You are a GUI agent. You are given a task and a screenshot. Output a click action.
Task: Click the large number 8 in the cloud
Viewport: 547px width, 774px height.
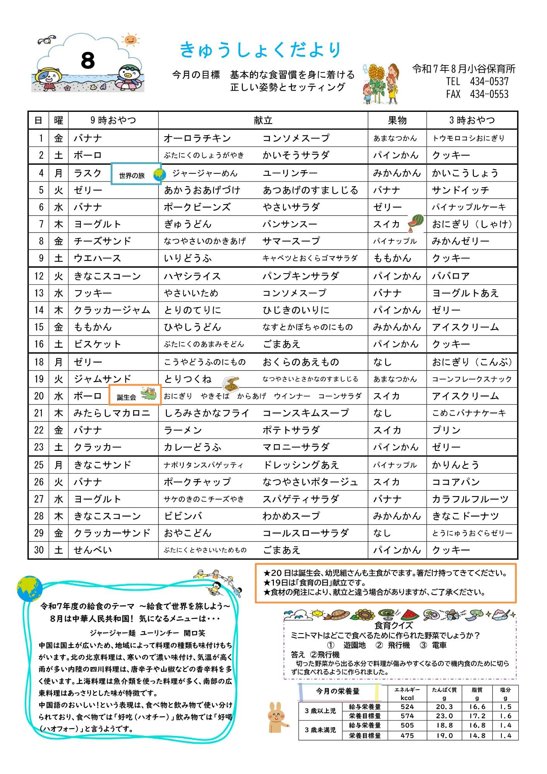(x=88, y=61)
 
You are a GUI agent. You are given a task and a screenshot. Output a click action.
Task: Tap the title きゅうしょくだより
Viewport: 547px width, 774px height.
(x=261, y=50)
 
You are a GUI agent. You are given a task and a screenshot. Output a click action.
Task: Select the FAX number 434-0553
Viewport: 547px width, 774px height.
(x=489, y=94)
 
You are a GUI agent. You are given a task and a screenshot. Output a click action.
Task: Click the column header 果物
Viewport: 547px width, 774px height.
(x=397, y=120)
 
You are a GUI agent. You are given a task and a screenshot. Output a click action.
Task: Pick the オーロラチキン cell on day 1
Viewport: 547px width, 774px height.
(x=197, y=138)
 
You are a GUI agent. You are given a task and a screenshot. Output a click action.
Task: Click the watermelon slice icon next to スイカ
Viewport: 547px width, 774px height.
(x=416, y=222)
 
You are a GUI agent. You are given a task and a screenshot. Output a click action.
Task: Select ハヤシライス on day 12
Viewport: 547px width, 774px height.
(x=192, y=276)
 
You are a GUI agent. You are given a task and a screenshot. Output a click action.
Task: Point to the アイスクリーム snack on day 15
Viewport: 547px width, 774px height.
(x=465, y=327)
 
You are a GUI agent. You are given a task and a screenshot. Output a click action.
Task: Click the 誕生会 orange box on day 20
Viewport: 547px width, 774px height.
(x=135, y=395)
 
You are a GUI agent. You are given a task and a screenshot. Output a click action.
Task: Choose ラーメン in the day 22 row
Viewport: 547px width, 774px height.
(x=183, y=430)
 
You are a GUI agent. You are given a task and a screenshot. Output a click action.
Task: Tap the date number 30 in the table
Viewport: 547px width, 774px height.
(x=39, y=550)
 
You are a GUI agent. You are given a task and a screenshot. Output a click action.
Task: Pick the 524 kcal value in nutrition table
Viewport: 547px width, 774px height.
(x=407, y=707)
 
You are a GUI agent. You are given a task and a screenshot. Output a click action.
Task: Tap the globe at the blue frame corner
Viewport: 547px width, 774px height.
(x=30, y=589)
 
